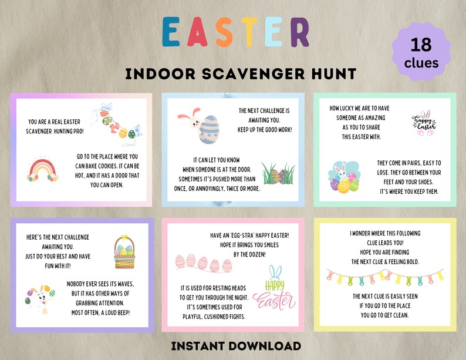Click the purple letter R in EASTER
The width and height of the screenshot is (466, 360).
coord(299,32)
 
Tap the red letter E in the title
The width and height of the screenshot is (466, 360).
coord(173,32)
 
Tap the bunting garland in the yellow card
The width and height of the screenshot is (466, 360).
coord(384,275)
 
